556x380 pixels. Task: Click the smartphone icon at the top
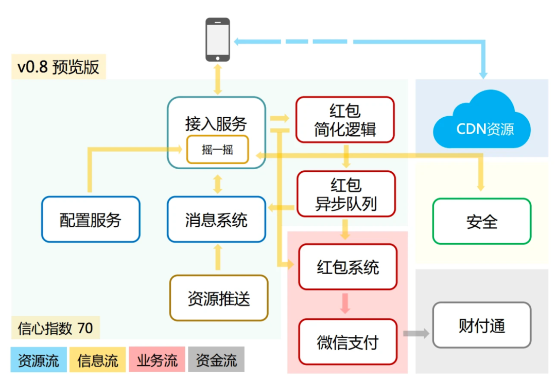pyautogui.click(x=218, y=40)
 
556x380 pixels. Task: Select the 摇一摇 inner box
pyautogui.click(x=217, y=150)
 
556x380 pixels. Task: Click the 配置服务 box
pyautogui.click(x=91, y=220)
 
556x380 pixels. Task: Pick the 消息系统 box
pyautogui.click(x=216, y=220)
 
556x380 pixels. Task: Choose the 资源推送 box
pyautogui.click(x=219, y=298)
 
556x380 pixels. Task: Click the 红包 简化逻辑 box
pyautogui.click(x=345, y=119)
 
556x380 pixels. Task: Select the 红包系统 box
pyautogui.click(x=348, y=267)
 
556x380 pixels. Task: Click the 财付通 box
pyautogui.click(x=481, y=325)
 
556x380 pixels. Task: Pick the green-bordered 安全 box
pyautogui.click(x=481, y=221)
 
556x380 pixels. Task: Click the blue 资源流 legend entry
pyautogui.click(x=39, y=359)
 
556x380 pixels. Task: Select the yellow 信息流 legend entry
pyautogui.click(x=98, y=359)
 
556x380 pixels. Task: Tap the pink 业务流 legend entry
pyautogui.click(x=157, y=359)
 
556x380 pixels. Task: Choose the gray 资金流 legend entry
pyautogui.click(x=216, y=359)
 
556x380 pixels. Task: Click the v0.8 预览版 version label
pyautogui.click(x=58, y=67)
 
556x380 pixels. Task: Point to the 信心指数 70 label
pyautogui.click(x=56, y=328)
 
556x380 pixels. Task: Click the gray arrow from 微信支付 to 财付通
pyautogui.click(x=416, y=334)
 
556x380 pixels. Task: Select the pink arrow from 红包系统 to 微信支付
pyautogui.click(x=345, y=303)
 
